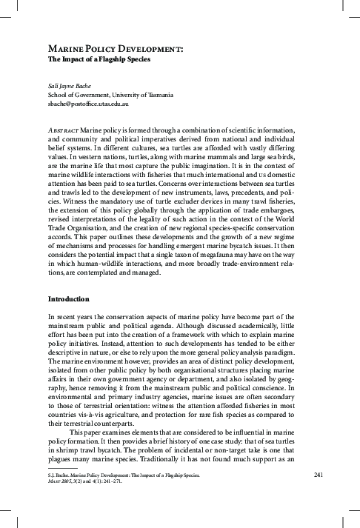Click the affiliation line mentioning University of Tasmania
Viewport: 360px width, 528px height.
tap(110, 96)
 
